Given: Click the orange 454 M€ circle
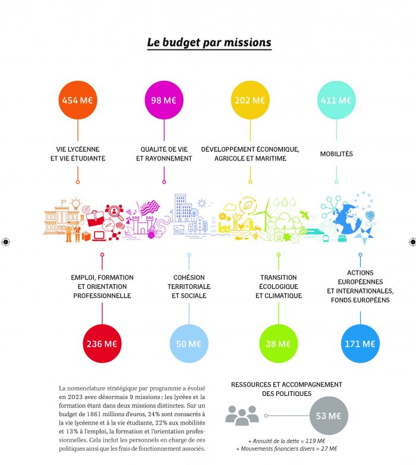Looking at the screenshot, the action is click(x=78, y=100).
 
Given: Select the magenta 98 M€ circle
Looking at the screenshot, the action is click(x=164, y=100).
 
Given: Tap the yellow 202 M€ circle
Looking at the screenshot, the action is click(x=250, y=100).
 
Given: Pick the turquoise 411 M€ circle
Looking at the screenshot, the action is click(x=336, y=100).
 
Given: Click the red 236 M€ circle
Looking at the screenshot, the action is click(x=102, y=344).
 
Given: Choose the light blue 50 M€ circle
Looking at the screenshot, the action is click(x=189, y=344).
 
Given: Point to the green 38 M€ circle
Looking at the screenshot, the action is click(x=279, y=344).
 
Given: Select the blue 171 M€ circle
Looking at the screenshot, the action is click(x=360, y=344).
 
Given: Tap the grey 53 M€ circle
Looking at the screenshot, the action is click(x=329, y=416).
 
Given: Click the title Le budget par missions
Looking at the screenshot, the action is click(x=209, y=43).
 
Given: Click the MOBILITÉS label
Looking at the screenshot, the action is click(x=336, y=154).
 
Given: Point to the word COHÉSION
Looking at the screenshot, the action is click(x=189, y=278).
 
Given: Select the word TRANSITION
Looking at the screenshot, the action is click(x=279, y=278).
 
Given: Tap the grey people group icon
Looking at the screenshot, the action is click(x=242, y=416).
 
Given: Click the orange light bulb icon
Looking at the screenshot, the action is click(x=76, y=203).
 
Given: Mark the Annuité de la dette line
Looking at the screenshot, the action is click(x=287, y=441).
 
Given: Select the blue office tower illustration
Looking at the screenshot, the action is click(x=182, y=208).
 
